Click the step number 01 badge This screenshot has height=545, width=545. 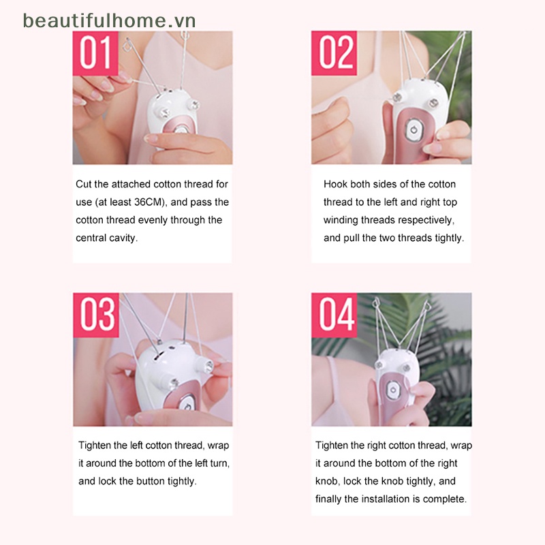pyautogui.click(x=95, y=53)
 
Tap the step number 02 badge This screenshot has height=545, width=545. pyautogui.click(x=334, y=53)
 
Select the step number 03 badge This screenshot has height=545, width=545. pyautogui.click(x=96, y=315)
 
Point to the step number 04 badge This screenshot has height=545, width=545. pyautogui.click(x=334, y=315)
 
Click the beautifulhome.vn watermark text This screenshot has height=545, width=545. pyautogui.click(x=109, y=20)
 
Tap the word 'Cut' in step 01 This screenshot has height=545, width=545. pyautogui.click(x=83, y=184)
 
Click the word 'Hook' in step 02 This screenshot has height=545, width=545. pyautogui.click(x=335, y=184)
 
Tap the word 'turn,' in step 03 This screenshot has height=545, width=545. pyautogui.click(x=217, y=463)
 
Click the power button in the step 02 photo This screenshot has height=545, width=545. pyautogui.click(x=412, y=129)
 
